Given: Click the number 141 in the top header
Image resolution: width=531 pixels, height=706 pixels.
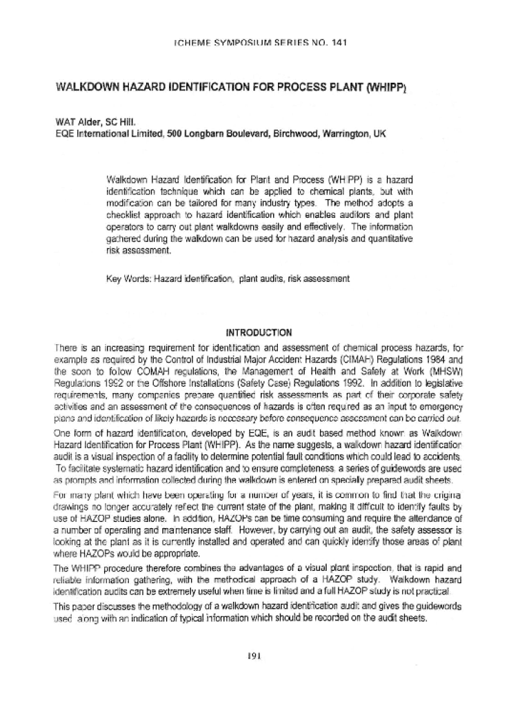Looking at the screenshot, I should click(334, 42).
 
